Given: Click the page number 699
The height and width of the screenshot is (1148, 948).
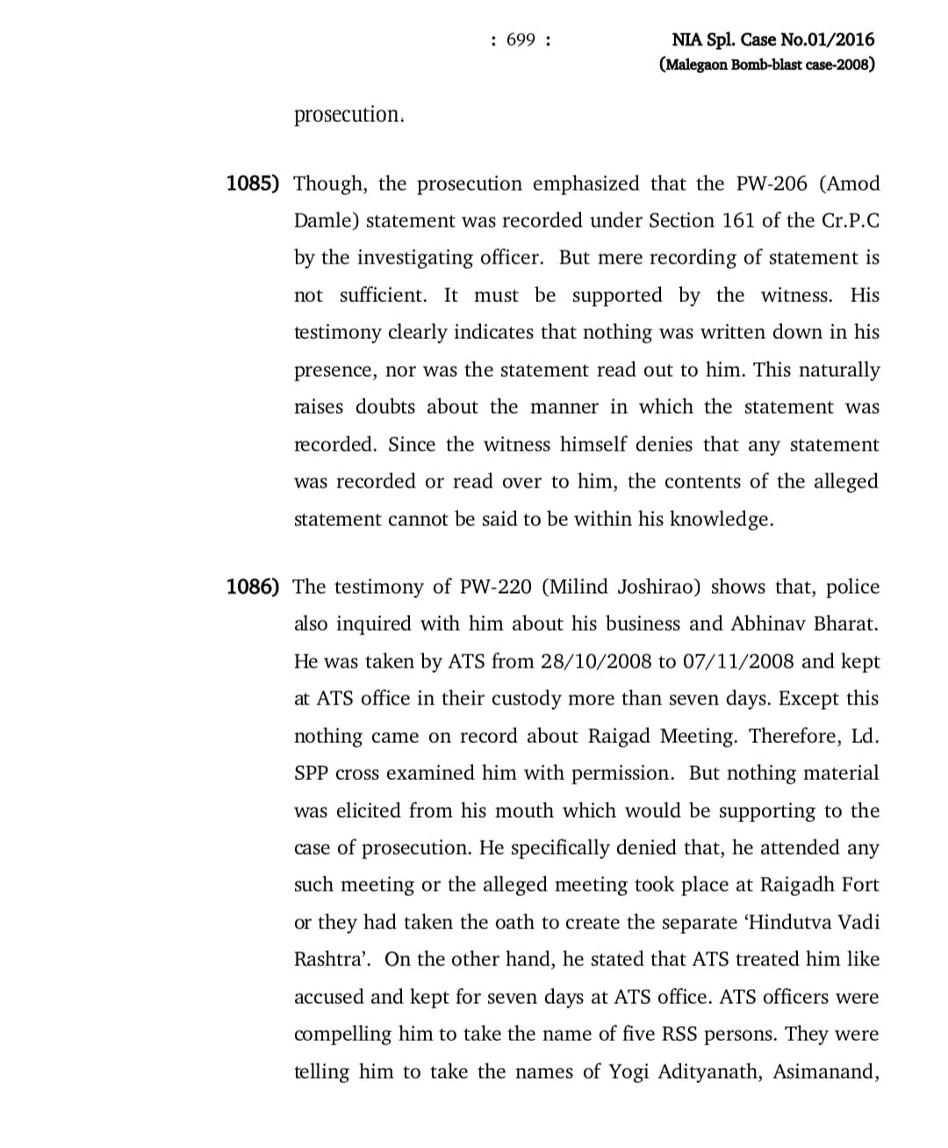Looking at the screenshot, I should click(521, 40).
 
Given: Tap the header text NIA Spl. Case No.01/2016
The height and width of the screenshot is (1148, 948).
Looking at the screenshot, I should click(773, 40).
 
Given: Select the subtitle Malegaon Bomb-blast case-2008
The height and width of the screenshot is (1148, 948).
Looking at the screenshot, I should click(766, 65).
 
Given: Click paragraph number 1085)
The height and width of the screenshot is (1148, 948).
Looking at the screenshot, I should click(253, 184).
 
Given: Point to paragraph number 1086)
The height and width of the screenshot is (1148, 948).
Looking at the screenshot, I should click(253, 587).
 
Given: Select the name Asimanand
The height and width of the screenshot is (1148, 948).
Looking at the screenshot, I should click(826, 1072).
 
